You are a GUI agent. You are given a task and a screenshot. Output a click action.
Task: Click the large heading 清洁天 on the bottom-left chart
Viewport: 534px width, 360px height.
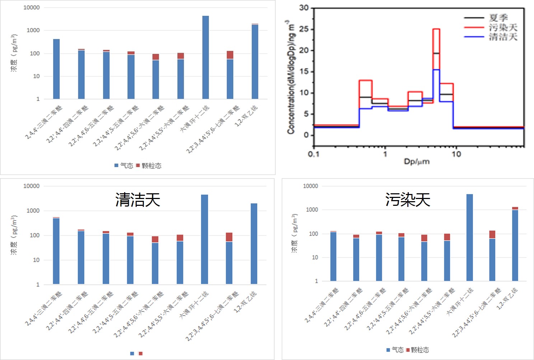pos(137,200)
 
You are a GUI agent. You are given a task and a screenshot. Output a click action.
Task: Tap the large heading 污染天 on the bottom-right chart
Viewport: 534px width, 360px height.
pos(408,200)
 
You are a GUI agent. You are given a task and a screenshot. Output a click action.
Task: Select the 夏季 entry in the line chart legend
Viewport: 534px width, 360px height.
pos(498,18)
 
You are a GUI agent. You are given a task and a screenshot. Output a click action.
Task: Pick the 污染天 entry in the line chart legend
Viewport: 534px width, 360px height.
pos(503,27)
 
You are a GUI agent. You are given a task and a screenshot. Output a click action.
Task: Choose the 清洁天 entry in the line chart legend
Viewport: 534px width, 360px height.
pos(503,37)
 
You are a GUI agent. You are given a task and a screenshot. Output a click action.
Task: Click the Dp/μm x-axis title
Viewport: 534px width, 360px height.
pos(417,161)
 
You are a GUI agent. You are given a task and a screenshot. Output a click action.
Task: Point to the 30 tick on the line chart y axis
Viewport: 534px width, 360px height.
pos(304,8)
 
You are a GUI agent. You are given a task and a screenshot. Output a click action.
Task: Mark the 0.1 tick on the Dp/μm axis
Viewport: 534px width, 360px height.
pos(313,154)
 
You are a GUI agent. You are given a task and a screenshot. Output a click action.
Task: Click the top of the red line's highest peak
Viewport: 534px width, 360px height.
pos(436,29)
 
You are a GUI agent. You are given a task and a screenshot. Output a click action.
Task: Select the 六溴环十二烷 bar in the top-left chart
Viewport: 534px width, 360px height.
pos(206,57)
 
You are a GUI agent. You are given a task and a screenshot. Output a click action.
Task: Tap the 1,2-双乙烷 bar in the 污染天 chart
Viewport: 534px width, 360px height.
pos(515,244)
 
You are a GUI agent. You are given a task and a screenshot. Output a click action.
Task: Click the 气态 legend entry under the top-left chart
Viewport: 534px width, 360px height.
pos(124,166)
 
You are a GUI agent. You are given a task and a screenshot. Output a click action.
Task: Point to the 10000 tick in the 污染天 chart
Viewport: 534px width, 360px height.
pos(310,186)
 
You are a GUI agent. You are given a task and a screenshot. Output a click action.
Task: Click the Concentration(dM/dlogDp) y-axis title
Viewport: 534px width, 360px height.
pos(291,77)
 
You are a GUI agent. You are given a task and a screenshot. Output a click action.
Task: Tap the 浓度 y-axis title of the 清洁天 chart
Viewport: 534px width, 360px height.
pos(14,235)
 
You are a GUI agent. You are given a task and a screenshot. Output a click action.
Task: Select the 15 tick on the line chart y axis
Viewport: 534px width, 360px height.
pos(304,72)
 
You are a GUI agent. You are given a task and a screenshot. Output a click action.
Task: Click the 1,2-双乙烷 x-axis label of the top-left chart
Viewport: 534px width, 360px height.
pos(247,116)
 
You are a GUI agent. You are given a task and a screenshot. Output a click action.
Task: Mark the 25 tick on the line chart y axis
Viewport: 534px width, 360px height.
pos(304,29)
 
